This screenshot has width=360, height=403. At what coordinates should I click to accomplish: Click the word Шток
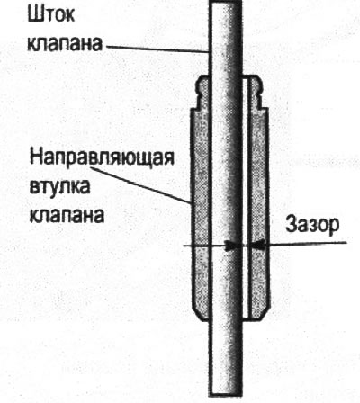coord(51,14)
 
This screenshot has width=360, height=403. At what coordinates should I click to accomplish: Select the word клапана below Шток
coord(65,43)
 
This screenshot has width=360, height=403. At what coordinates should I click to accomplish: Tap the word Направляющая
coord(102,158)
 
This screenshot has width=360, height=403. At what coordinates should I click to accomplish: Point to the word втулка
coord(60,187)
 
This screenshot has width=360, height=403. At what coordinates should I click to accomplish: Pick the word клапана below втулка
coord(67,215)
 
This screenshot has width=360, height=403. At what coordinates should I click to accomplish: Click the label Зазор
coord(312,225)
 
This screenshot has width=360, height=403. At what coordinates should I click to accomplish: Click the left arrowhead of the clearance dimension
coord(233,246)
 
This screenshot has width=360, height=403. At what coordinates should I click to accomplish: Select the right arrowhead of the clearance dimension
coord(258,245)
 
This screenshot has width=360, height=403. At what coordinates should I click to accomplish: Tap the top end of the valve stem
coord(226,2)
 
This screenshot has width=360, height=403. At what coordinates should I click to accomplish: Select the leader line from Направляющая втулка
coord(140,185)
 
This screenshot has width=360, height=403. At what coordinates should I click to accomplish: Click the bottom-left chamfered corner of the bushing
coord(199,314)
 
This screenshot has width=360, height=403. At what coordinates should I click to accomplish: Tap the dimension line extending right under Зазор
coord(307,243)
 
